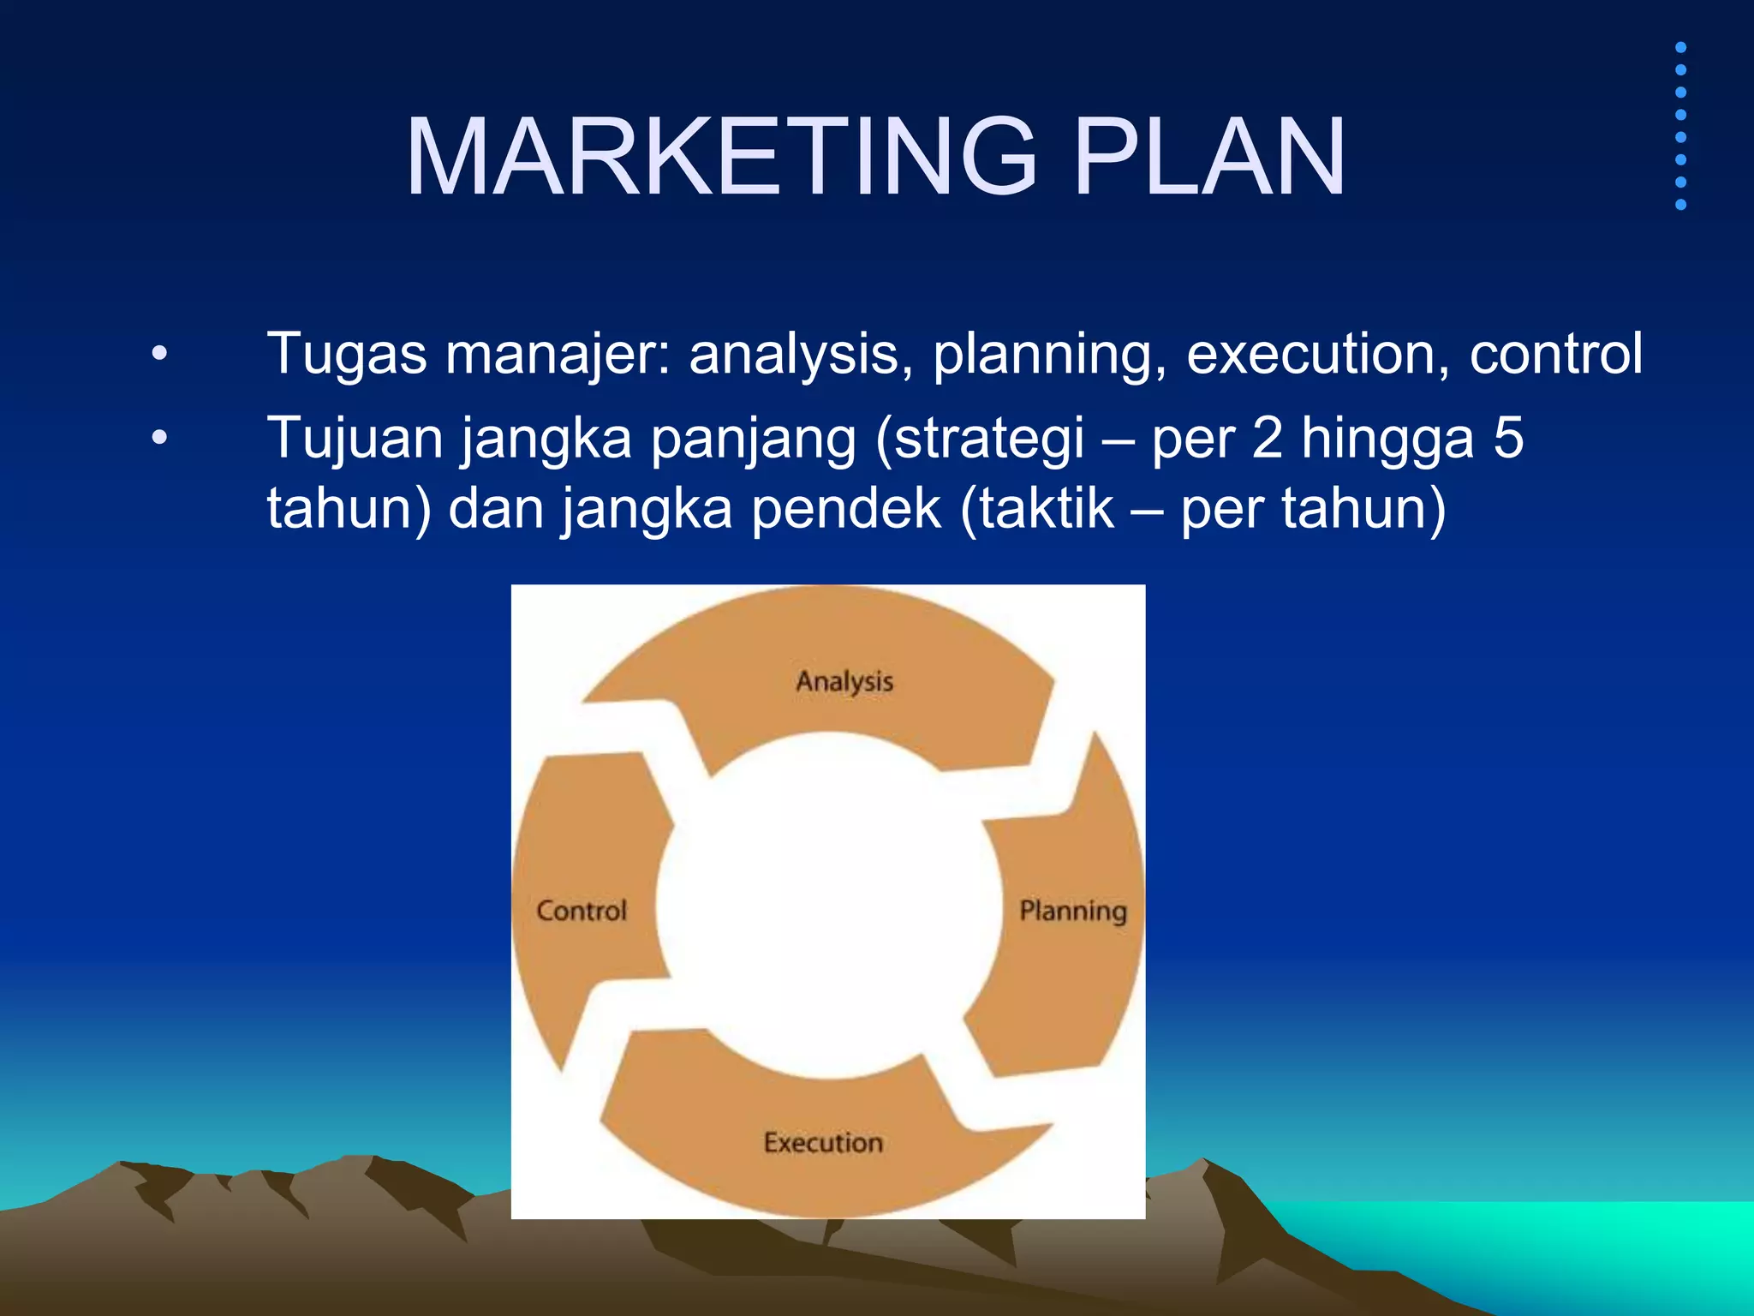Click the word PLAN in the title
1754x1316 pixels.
1208,158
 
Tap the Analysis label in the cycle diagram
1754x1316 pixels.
844,682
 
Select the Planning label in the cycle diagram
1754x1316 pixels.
1072,911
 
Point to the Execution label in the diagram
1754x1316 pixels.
823,1143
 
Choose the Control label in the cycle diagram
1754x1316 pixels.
582,911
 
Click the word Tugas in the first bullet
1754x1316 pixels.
347,354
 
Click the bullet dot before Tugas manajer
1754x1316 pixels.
159,354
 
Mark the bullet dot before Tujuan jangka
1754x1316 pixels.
159,438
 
